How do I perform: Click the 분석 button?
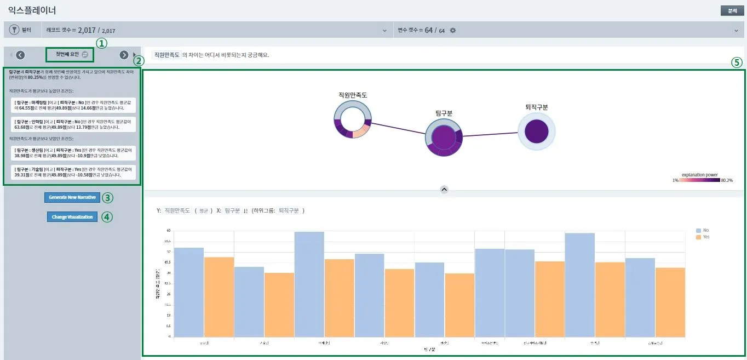tap(732, 11)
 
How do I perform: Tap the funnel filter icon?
tap(14, 30)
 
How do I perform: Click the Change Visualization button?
tap(73, 217)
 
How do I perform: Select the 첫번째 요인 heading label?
tap(67, 55)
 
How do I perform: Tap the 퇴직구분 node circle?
tap(536, 132)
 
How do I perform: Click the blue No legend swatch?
tap(698, 231)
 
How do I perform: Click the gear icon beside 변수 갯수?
tap(453, 30)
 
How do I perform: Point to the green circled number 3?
tap(107, 197)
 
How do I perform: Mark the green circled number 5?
tap(736, 62)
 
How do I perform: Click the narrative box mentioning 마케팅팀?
tap(73, 105)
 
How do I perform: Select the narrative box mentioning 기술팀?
tap(73, 172)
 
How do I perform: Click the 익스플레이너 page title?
tap(32, 10)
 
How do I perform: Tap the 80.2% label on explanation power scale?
tap(727, 180)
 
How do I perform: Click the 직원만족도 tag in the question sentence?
tap(166, 55)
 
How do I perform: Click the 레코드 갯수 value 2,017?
tap(87, 30)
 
